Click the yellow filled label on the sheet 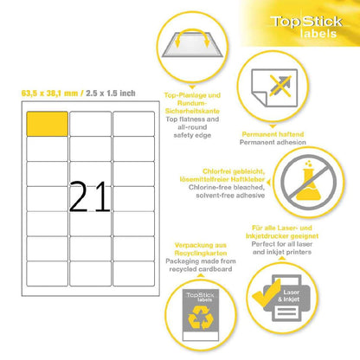click(48, 124)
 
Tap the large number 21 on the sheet click(90, 197)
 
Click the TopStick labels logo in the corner click(307, 27)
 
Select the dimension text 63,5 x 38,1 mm click(49, 93)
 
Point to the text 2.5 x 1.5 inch click(111, 93)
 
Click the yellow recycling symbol click(201, 318)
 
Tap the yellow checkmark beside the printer click(266, 292)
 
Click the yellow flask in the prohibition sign click(308, 184)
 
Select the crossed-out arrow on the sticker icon click(280, 86)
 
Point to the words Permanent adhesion click(273, 142)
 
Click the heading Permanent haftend click(273, 134)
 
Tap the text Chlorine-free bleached click(227, 187)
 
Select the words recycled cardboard click(201, 269)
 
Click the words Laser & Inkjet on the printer click(289, 296)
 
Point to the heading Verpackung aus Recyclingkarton click(201, 249)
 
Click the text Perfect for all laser click(282, 244)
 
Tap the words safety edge click(192, 135)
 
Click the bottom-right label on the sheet click(133, 273)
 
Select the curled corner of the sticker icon click(259, 99)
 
